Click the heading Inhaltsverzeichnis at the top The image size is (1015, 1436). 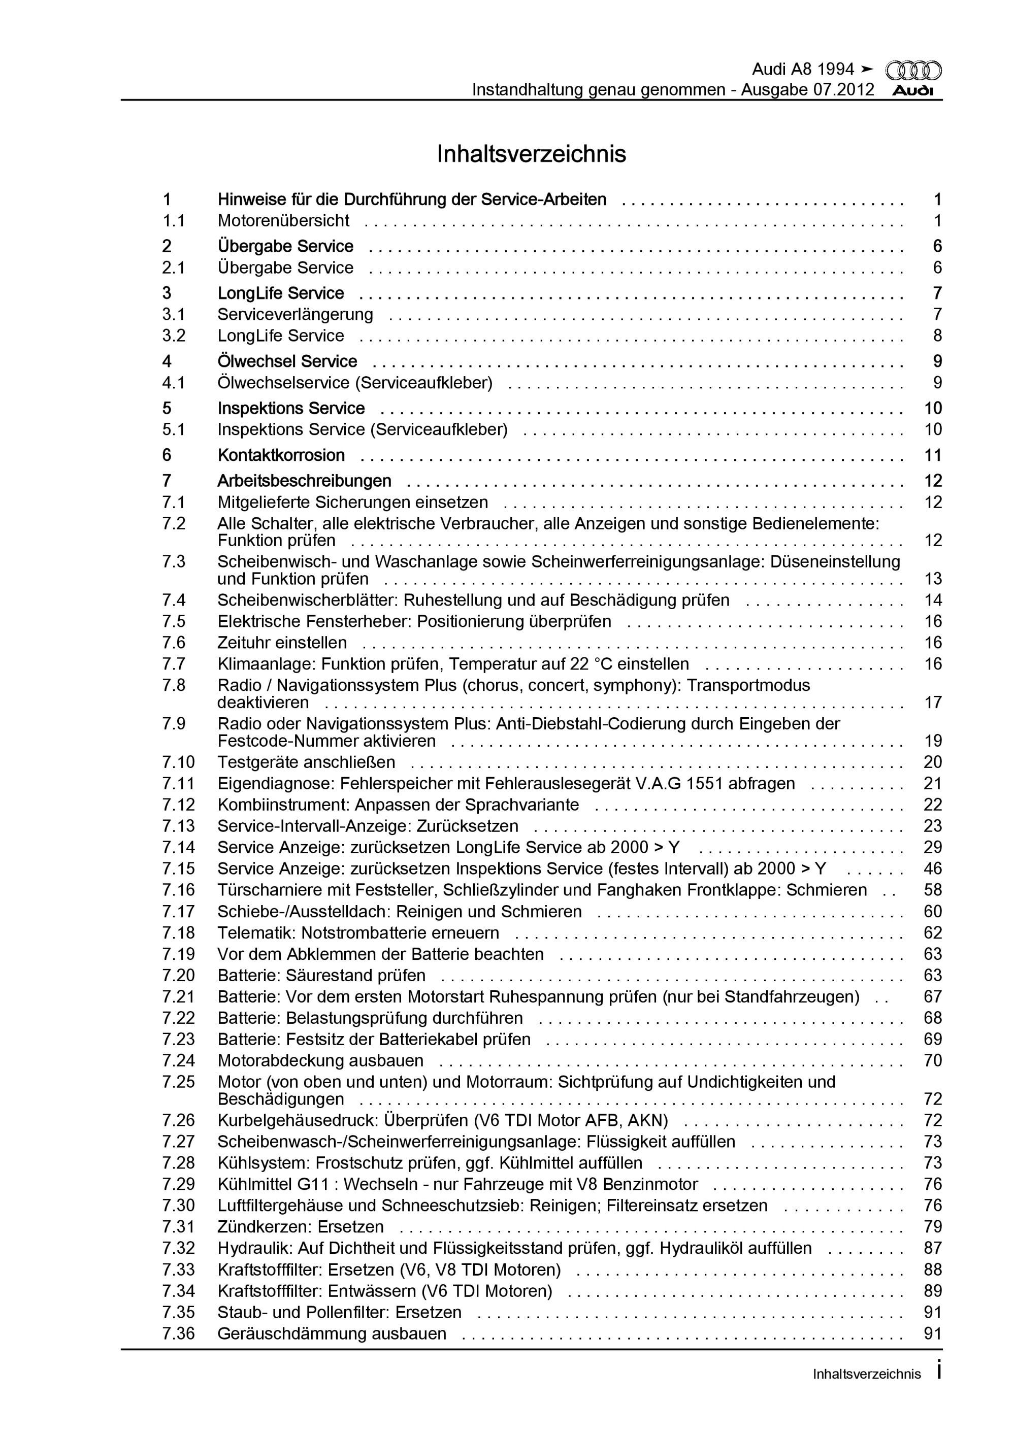pyautogui.click(x=531, y=154)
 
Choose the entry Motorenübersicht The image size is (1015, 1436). pyautogui.click(x=283, y=220)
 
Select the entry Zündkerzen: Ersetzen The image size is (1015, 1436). pyautogui.click(x=301, y=1226)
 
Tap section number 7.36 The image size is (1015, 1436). pyautogui.click(x=178, y=1333)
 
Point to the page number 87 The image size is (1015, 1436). pyautogui.click(x=932, y=1248)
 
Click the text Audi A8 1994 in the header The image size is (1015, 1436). pyautogui.click(x=802, y=70)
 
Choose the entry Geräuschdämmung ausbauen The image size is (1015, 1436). pyautogui.click(x=332, y=1333)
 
